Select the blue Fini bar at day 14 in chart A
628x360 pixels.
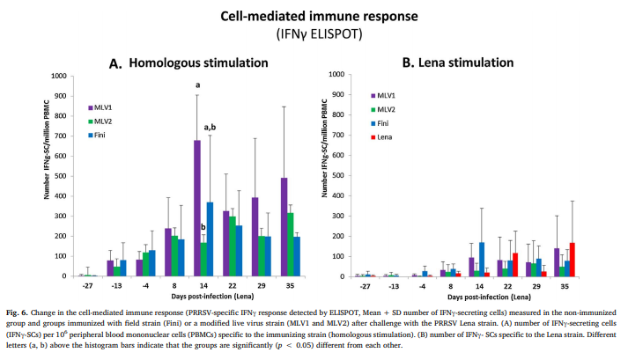(211, 239)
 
